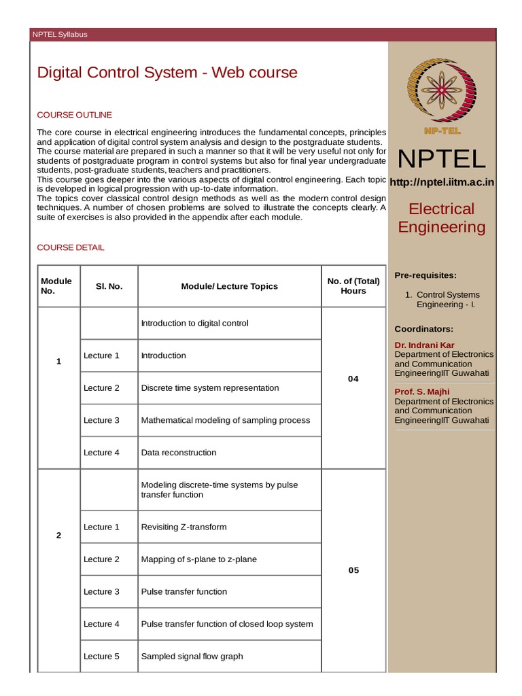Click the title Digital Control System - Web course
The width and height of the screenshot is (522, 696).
[167, 72]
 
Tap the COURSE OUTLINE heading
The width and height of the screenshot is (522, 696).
[74, 115]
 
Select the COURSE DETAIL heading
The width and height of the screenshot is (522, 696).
[71, 247]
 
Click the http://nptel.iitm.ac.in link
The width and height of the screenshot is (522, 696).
[442, 181]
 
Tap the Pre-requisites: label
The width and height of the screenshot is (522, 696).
[425, 275]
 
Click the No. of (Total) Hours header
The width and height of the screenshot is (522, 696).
[353, 286]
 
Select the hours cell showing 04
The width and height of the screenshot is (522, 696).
[353, 379]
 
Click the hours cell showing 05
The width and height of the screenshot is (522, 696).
[353, 570]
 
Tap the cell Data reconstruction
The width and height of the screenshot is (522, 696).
[179, 453]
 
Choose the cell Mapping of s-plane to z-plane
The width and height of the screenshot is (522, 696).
[198, 559]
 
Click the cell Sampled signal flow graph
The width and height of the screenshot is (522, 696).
[192, 657]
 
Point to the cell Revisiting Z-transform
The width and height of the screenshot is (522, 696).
[184, 527]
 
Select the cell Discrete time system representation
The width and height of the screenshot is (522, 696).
[210, 388]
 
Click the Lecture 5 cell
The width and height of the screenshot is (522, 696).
[101, 657]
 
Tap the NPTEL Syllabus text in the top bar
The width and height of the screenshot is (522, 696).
[60, 35]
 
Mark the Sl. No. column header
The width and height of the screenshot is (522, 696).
[109, 286]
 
